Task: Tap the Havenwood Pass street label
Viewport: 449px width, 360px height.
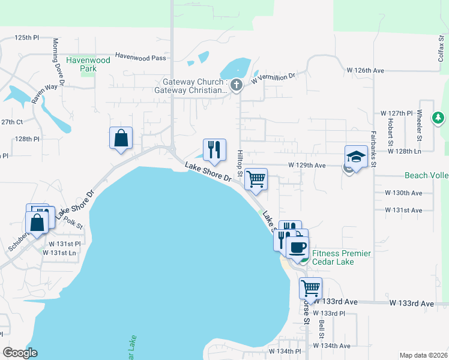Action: [x=140, y=57]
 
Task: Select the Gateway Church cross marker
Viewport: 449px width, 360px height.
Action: [x=237, y=85]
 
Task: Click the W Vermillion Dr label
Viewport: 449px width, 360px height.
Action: [x=274, y=77]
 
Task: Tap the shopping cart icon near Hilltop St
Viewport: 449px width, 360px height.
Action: [x=256, y=179]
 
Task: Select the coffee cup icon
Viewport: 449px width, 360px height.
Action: [x=297, y=246]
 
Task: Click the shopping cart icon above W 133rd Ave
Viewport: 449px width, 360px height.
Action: [x=310, y=288]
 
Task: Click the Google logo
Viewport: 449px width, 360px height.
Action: [x=20, y=353]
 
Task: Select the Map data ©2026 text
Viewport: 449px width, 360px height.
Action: [x=423, y=355]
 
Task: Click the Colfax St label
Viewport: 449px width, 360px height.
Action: [x=441, y=44]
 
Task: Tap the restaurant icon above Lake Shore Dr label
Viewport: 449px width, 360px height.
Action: [x=214, y=149]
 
